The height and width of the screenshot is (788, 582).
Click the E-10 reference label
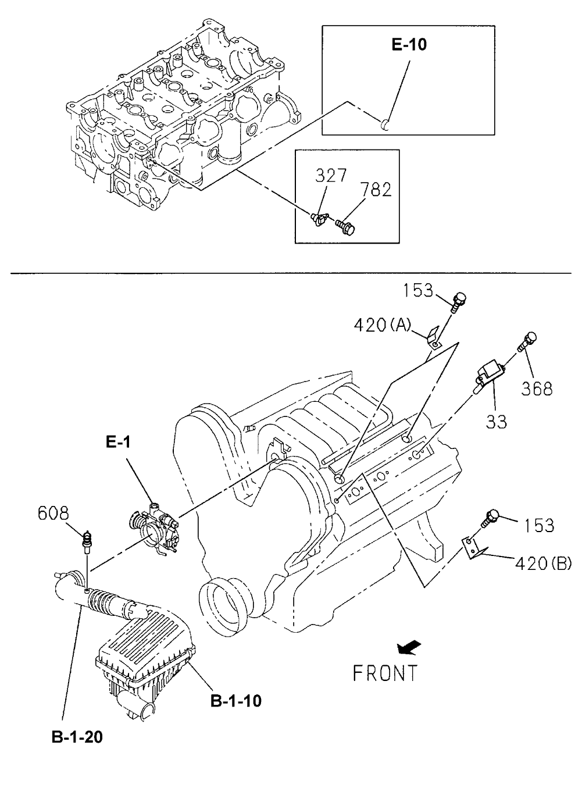click(409, 44)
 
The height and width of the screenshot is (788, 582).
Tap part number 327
click(332, 176)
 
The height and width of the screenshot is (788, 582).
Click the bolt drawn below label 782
click(348, 224)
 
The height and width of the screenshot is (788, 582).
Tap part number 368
click(537, 388)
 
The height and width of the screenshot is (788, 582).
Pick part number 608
click(53, 514)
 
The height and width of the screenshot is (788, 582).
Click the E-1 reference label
click(118, 443)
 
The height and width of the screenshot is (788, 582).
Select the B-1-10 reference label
click(236, 701)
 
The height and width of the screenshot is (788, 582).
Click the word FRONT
click(385, 673)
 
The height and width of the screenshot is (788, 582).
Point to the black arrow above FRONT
click(410, 647)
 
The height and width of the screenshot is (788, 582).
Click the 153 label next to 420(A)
click(420, 290)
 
